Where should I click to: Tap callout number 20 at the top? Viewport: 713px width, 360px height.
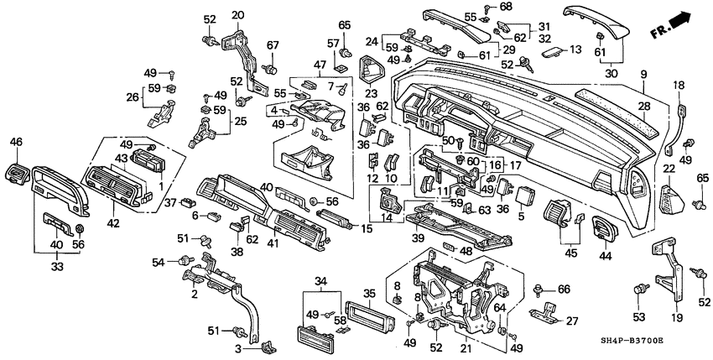point(237,14)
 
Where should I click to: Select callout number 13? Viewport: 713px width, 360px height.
point(575,50)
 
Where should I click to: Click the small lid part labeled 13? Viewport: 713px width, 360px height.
point(550,51)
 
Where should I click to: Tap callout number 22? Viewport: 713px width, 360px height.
point(669,170)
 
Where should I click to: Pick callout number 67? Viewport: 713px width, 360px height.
point(273,45)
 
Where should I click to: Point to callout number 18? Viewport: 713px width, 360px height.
point(679,85)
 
